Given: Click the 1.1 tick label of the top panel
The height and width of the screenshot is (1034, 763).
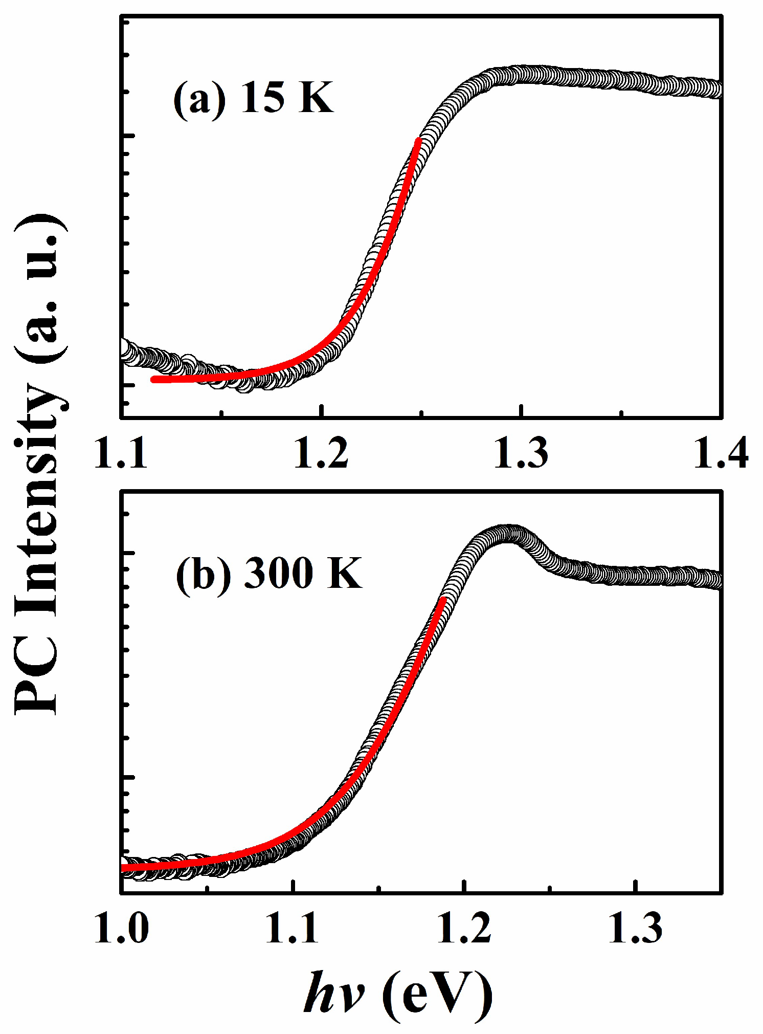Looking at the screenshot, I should click(x=121, y=452).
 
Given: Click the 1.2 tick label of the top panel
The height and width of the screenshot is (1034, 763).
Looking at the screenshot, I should click(x=321, y=452).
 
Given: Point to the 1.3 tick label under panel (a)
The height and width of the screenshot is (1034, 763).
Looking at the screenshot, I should click(x=521, y=452).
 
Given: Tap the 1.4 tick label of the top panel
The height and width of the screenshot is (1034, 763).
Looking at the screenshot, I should click(x=721, y=452).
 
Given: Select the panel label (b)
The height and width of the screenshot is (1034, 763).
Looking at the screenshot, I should click(x=203, y=573).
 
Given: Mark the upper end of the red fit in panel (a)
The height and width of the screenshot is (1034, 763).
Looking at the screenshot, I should click(x=418, y=139).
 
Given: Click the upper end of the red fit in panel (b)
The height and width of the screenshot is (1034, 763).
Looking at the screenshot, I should click(x=443, y=599).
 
